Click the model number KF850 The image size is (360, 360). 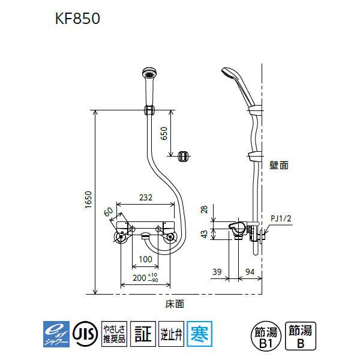(x=76, y=19)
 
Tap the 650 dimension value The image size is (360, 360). (x=164, y=134)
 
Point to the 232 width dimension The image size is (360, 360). (x=146, y=197)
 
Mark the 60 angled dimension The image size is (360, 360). (x=108, y=211)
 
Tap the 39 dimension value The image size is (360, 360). (x=218, y=271)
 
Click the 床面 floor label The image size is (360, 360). (x=175, y=304)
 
